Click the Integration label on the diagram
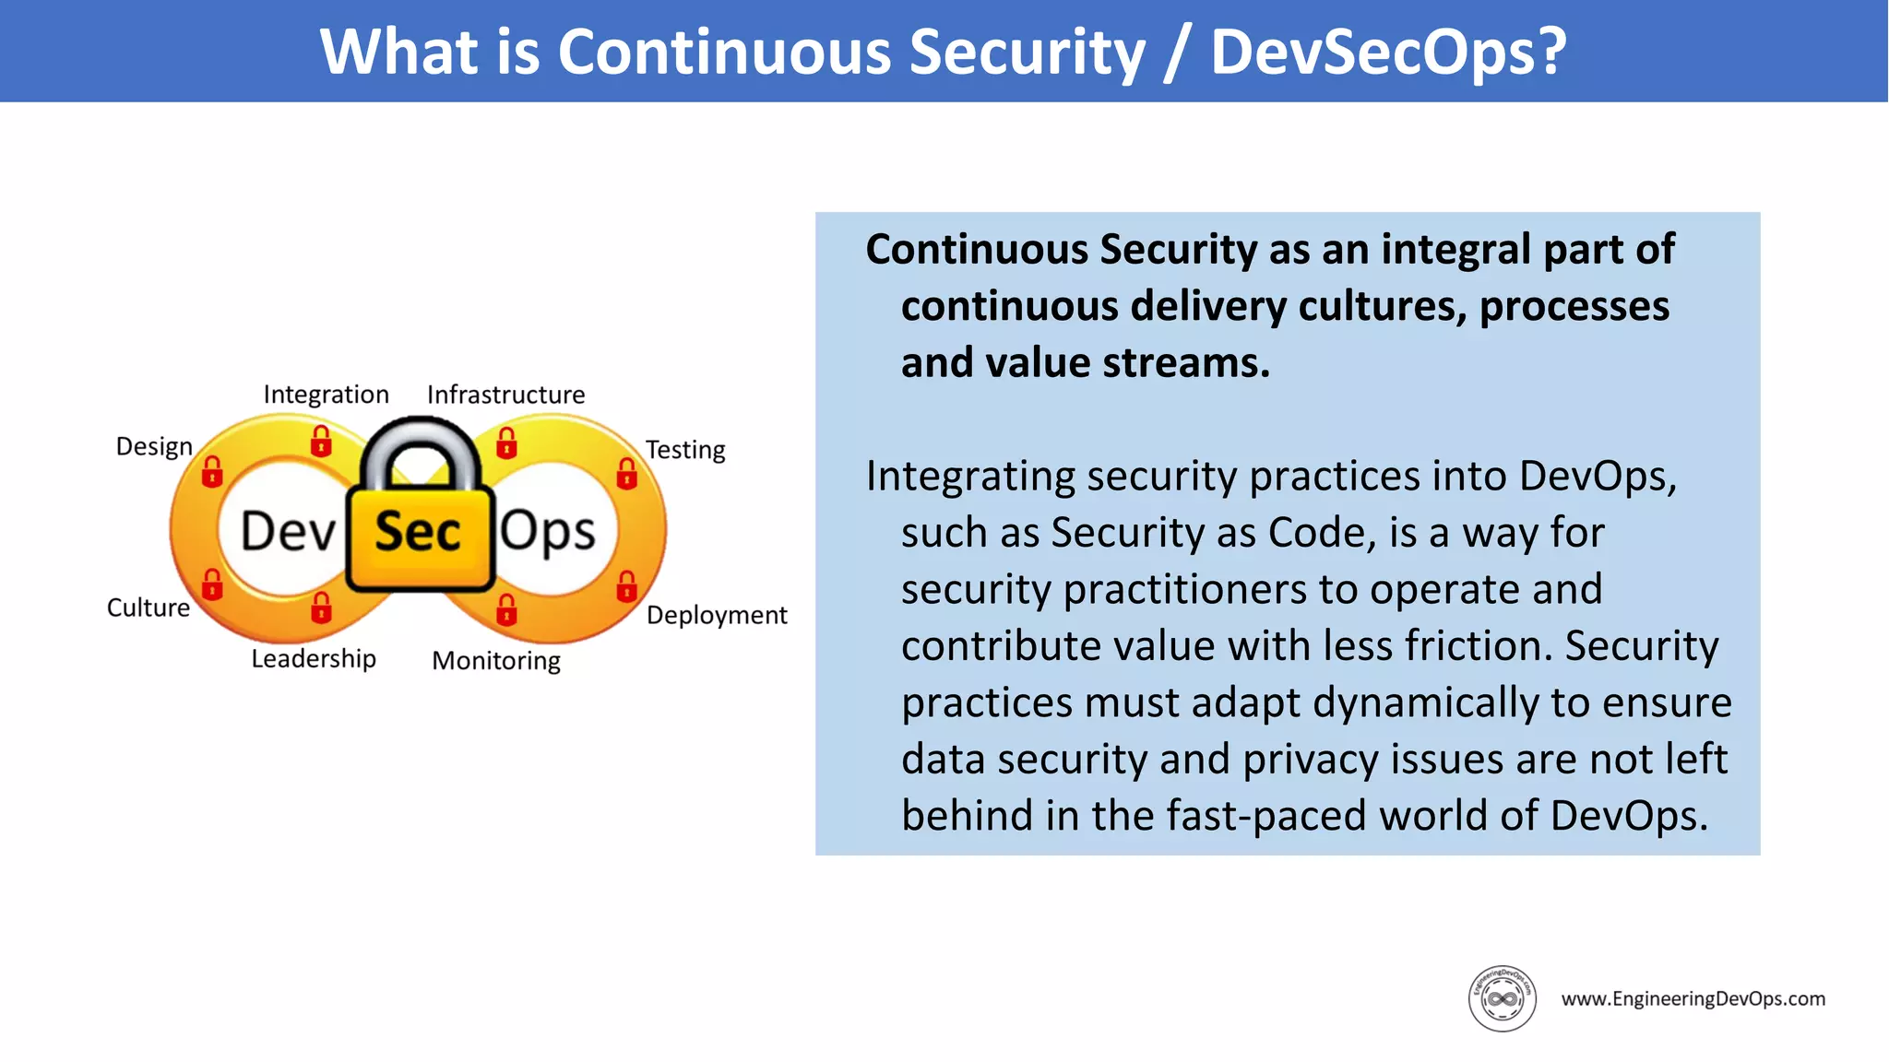click(x=326, y=395)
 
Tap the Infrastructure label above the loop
click(x=505, y=395)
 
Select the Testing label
click(x=685, y=450)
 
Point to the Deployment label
click(x=717, y=615)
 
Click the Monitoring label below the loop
click(x=496, y=660)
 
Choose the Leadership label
click(x=314, y=658)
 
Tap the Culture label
click(x=149, y=608)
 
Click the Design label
click(x=154, y=446)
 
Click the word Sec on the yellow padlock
click(x=418, y=533)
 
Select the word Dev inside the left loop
click(x=288, y=533)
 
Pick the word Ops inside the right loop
click(x=548, y=533)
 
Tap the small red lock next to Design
click(x=212, y=471)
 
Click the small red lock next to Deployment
click(x=627, y=585)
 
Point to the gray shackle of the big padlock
click(x=420, y=442)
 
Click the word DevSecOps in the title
click(x=1388, y=52)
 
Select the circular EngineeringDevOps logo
click(x=1502, y=998)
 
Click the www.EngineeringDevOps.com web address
click(x=1693, y=998)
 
